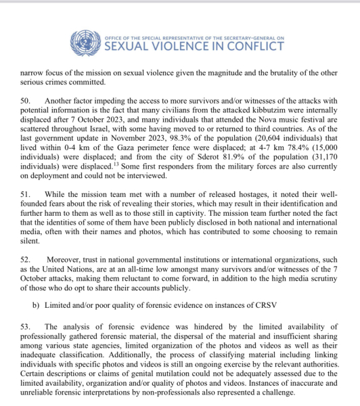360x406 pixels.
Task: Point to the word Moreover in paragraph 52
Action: (66, 260)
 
